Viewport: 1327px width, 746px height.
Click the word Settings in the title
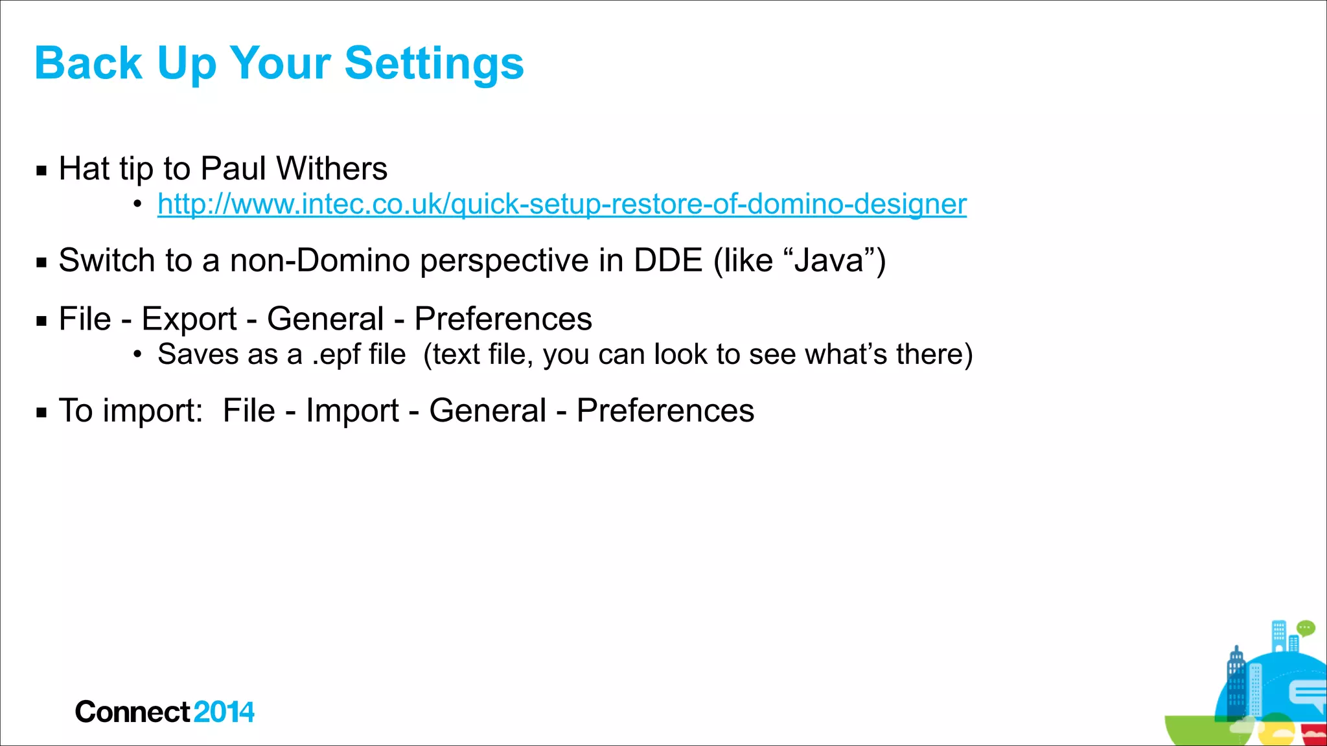pos(433,63)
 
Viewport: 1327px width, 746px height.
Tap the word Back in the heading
pos(88,63)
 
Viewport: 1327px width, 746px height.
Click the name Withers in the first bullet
pos(331,168)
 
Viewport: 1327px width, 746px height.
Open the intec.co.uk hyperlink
pos(562,204)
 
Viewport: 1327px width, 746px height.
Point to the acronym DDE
pos(667,260)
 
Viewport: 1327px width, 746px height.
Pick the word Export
pos(189,319)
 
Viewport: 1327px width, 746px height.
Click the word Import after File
pos(352,411)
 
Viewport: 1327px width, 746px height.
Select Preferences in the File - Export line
pos(503,319)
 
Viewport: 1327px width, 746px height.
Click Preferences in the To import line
pos(665,411)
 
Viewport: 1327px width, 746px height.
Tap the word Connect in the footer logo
pos(132,712)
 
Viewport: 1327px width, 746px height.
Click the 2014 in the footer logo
pos(224,712)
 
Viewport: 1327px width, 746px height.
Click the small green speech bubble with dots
pos(1305,627)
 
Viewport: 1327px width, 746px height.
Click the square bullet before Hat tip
pos(42,171)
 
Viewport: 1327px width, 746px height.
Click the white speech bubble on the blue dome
pos(1307,694)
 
